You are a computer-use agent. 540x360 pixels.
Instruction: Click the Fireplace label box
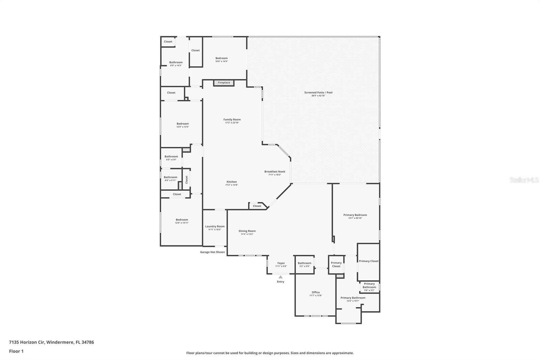click(x=224, y=83)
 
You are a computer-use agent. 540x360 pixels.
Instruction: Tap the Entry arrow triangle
click(x=280, y=277)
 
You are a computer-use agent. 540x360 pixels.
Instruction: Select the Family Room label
click(x=232, y=120)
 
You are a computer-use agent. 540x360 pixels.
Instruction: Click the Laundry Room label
click(x=215, y=227)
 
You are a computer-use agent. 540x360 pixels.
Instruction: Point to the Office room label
click(x=316, y=292)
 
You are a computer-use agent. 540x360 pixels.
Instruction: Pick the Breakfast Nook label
click(x=274, y=172)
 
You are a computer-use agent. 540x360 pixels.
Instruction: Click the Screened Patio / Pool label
click(x=318, y=93)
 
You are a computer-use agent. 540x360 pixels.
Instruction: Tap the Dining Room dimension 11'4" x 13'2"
click(x=247, y=234)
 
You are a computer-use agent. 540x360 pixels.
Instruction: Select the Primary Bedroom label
click(x=355, y=215)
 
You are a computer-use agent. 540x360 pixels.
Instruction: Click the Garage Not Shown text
click(x=212, y=252)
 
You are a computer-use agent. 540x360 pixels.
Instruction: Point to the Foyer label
click(x=281, y=263)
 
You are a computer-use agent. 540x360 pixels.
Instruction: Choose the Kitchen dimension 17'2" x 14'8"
click(x=232, y=185)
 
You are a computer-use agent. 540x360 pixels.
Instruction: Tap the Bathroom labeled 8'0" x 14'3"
click(x=176, y=62)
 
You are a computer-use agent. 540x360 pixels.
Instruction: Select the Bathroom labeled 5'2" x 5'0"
click(x=304, y=263)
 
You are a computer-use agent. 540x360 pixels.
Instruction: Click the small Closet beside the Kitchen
click(x=257, y=206)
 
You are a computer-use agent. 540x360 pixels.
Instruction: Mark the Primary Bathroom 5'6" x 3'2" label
click(x=369, y=286)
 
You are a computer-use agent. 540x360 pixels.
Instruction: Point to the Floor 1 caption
click(x=16, y=351)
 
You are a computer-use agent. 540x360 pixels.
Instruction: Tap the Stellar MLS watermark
click(x=524, y=180)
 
